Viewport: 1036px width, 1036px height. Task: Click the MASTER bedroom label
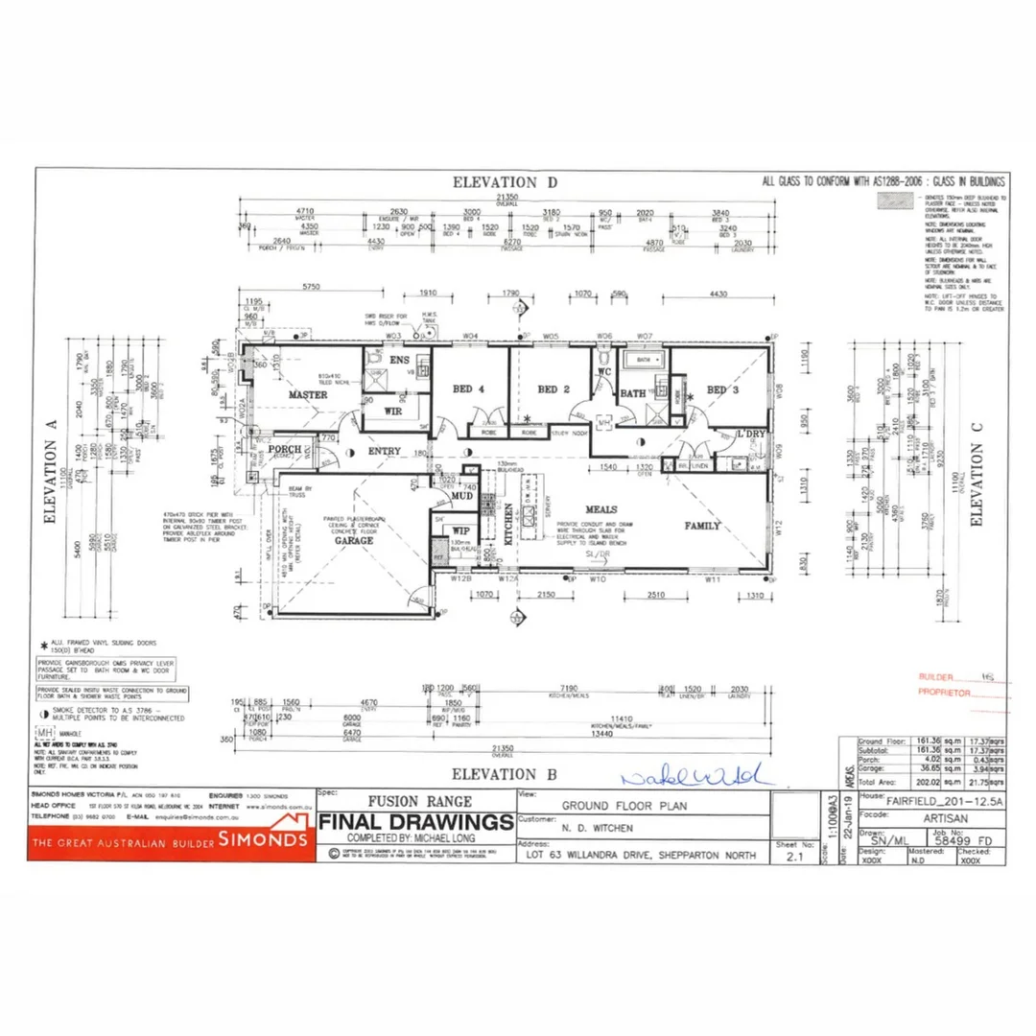308,395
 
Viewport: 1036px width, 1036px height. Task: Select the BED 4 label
468,389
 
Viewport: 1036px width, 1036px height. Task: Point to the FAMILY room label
702,526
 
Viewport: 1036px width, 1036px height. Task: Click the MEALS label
600,509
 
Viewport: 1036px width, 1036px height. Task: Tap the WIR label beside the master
392,412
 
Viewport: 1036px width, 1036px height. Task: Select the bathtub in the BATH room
645,360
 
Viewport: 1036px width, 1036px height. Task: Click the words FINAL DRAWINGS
415,822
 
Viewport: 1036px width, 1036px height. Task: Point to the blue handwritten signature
691,774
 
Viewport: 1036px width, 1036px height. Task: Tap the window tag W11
713,580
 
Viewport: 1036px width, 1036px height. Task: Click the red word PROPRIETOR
946,692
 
